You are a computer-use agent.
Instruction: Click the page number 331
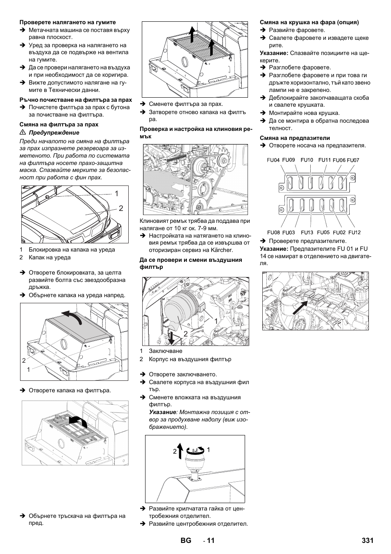(x=368, y=540)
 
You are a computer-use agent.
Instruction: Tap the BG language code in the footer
(x=185, y=540)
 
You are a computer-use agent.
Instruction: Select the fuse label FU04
(x=273, y=160)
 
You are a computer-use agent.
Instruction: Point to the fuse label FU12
(x=355, y=232)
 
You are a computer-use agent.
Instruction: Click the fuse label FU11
(x=325, y=160)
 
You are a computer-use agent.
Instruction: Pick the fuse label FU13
(x=307, y=232)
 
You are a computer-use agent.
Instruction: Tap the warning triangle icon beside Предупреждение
(x=23, y=133)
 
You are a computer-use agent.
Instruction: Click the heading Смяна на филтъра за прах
(x=59, y=124)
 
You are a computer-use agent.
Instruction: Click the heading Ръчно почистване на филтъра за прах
(x=76, y=100)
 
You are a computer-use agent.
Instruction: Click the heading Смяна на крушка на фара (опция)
(x=309, y=22)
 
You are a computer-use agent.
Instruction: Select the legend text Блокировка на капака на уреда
(x=72, y=250)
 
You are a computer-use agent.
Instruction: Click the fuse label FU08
(x=273, y=232)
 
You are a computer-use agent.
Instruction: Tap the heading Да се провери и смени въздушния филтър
(x=191, y=263)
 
